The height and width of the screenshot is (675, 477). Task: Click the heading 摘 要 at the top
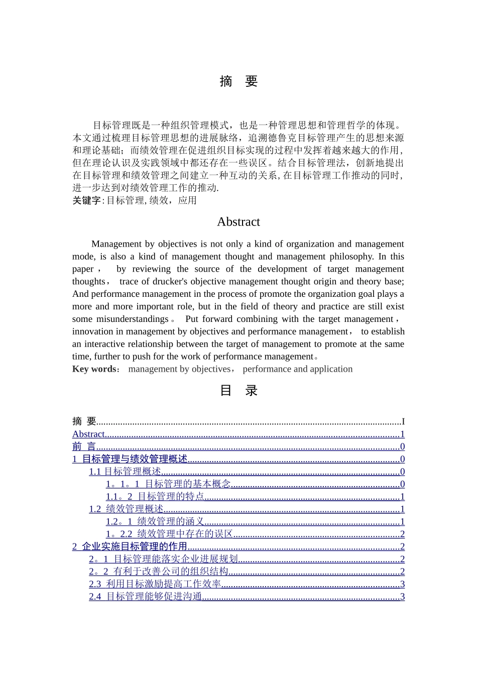pos(238,81)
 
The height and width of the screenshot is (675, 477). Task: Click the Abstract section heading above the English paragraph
pos(238,222)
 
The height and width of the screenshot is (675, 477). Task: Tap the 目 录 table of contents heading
pos(238,391)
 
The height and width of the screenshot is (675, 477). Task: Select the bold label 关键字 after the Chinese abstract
pos(86,200)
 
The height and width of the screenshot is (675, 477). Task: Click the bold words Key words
pos(94,369)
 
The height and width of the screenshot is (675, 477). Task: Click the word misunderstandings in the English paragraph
pos(133,319)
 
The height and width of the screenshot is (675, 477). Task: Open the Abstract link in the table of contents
pos(88,434)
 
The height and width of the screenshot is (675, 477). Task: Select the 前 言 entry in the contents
pos(84,446)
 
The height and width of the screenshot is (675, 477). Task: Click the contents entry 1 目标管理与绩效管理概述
pos(130,459)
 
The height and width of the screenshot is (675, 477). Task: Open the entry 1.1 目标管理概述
pos(125,472)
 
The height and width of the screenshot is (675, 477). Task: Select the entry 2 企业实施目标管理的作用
pos(130,546)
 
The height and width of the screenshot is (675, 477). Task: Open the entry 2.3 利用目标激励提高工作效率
pos(155,584)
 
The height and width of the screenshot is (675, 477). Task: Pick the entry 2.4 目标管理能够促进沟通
pos(146,597)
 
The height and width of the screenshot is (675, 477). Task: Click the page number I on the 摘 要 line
pos(403,422)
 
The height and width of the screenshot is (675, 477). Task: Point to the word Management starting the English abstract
pos(116,244)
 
